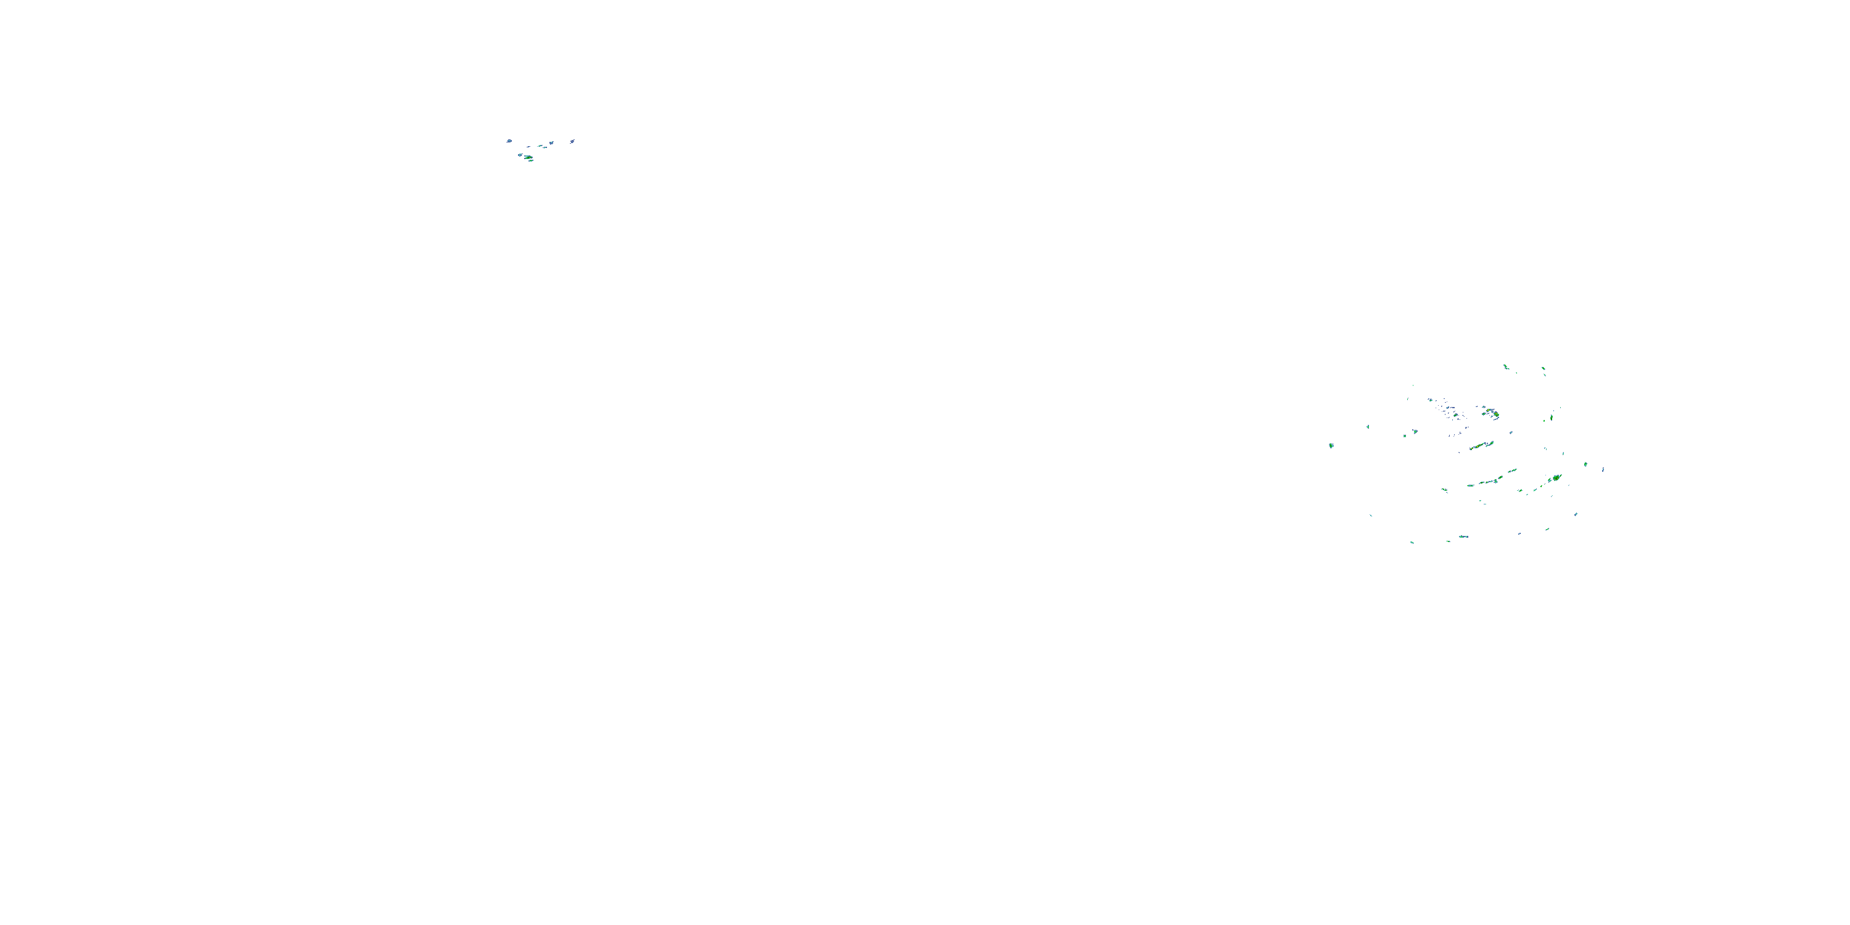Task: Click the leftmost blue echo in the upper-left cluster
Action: coord(509,141)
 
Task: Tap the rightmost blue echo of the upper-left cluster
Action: coord(572,141)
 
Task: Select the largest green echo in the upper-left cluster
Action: coord(528,157)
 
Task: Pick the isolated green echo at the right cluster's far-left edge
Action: coord(1331,445)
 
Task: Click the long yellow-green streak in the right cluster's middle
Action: coord(1481,446)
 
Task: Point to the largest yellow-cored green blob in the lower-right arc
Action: coord(1556,477)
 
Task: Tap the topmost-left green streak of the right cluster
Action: coord(1506,367)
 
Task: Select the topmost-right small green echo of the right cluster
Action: coord(1544,369)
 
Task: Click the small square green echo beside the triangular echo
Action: coord(1415,432)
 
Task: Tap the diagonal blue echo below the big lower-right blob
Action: coord(1576,514)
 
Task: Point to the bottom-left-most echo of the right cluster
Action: coord(1412,542)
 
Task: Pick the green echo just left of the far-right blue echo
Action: coord(1585,464)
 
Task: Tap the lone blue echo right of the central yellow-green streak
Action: coord(1511,432)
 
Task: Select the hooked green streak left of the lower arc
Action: coord(1445,490)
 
